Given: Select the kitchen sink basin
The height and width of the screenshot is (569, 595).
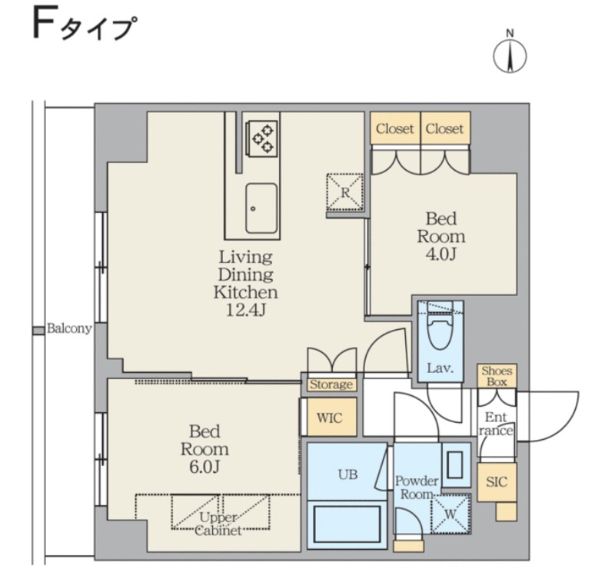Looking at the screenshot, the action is [261, 208].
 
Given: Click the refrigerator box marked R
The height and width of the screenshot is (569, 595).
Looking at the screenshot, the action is [344, 192].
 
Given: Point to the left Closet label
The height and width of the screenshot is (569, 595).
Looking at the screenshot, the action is [394, 128].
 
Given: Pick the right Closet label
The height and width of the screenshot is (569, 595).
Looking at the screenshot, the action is [444, 128].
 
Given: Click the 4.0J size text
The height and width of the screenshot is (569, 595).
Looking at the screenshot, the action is [440, 255].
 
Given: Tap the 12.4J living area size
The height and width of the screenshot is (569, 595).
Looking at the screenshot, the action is [245, 310].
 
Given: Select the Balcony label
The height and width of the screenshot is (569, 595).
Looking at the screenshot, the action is [69, 329].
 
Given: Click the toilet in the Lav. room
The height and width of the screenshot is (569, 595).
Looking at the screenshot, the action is [440, 330].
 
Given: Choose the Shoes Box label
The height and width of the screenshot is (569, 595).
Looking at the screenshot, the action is [497, 376].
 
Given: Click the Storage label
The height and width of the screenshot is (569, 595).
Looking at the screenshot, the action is [331, 384].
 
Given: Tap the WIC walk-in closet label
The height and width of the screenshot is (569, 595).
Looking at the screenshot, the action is [329, 418].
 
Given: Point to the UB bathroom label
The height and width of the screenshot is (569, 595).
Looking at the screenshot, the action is [348, 474].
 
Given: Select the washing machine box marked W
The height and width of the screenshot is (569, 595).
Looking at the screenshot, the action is [450, 514].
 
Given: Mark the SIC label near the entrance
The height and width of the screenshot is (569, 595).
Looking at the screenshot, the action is [497, 482].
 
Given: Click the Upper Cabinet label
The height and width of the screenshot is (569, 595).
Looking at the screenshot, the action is [218, 524].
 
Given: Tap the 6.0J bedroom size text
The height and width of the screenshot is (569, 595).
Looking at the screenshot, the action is [204, 467].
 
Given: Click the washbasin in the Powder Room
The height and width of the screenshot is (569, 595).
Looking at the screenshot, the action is [455, 464].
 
